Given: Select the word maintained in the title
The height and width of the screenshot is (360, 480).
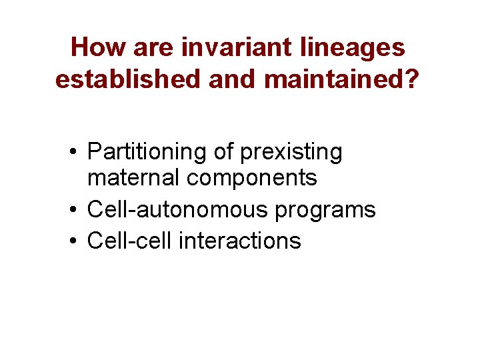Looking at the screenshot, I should [337, 80].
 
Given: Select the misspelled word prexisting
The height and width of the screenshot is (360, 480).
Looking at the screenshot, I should [291, 153].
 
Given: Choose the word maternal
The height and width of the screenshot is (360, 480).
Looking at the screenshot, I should [134, 178].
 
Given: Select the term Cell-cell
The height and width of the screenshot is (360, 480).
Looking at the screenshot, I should [130, 240].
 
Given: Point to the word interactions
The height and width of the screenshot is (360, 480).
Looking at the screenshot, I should [240, 240].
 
